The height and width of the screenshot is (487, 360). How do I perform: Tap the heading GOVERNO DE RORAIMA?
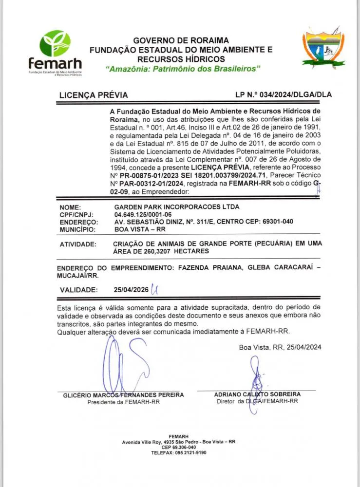point(181,40)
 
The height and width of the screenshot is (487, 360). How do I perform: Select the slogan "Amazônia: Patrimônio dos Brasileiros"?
point(184,69)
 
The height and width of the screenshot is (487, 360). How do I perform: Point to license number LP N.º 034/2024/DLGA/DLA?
point(284,95)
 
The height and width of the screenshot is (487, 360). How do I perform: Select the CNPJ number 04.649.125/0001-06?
point(143,214)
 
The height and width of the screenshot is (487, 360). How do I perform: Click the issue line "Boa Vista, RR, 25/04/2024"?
point(280,347)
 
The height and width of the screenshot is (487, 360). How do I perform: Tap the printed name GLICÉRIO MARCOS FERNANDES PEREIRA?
point(124,394)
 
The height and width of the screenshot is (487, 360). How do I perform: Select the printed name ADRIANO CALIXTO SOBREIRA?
point(257,394)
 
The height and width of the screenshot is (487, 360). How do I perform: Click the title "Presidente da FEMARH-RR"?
point(123,402)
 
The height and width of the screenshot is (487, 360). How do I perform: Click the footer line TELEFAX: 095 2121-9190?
point(179,452)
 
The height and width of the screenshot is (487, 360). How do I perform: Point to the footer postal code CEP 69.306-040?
point(179,447)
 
